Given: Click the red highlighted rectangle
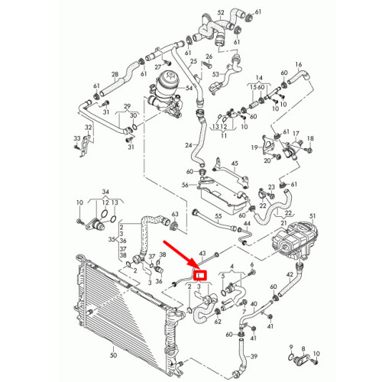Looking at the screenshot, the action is click(x=199, y=275).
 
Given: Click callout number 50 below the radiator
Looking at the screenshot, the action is click(x=114, y=354).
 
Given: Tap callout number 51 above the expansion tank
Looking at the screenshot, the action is click(x=312, y=216).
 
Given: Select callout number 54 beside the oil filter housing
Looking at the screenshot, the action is click(x=189, y=88).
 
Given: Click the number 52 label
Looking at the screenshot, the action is click(x=221, y=12).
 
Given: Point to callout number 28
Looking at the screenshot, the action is click(x=115, y=74).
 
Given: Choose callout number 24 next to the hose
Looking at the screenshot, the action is click(x=189, y=145).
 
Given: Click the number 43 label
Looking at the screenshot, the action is click(x=202, y=254).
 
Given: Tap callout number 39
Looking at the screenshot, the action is click(x=254, y=356).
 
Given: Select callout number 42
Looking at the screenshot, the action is click(x=290, y=274).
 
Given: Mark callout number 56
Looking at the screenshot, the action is click(x=185, y=185).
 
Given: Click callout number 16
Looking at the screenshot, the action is click(x=299, y=64).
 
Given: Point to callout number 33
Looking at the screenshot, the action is click(x=77, y=138).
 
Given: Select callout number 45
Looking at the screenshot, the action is click(x=235, y=163).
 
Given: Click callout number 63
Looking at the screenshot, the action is click(x=175, y=214).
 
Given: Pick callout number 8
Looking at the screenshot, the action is click(x=303, y=348).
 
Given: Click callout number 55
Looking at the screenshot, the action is click(x=219, y=216).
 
